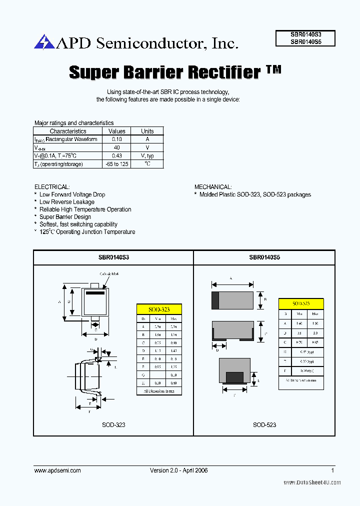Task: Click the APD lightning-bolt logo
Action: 44,42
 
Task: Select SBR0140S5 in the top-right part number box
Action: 305,42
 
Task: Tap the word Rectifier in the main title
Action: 223,72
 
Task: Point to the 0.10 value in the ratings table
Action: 116,139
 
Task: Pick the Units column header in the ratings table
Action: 147,131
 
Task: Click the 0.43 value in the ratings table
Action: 116,156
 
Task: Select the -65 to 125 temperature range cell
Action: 116,164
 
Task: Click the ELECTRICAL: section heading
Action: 52,187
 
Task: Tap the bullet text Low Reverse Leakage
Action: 66,202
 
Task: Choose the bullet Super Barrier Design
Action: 65,217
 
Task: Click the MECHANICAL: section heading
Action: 212,187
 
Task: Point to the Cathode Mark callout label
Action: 108,274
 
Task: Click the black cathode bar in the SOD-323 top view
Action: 95,293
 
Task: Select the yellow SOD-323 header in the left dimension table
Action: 159,309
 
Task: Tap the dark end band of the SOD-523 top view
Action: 215,300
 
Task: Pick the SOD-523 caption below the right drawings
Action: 264,424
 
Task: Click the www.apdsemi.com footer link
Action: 57,470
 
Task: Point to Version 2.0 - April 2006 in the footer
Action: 178,470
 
